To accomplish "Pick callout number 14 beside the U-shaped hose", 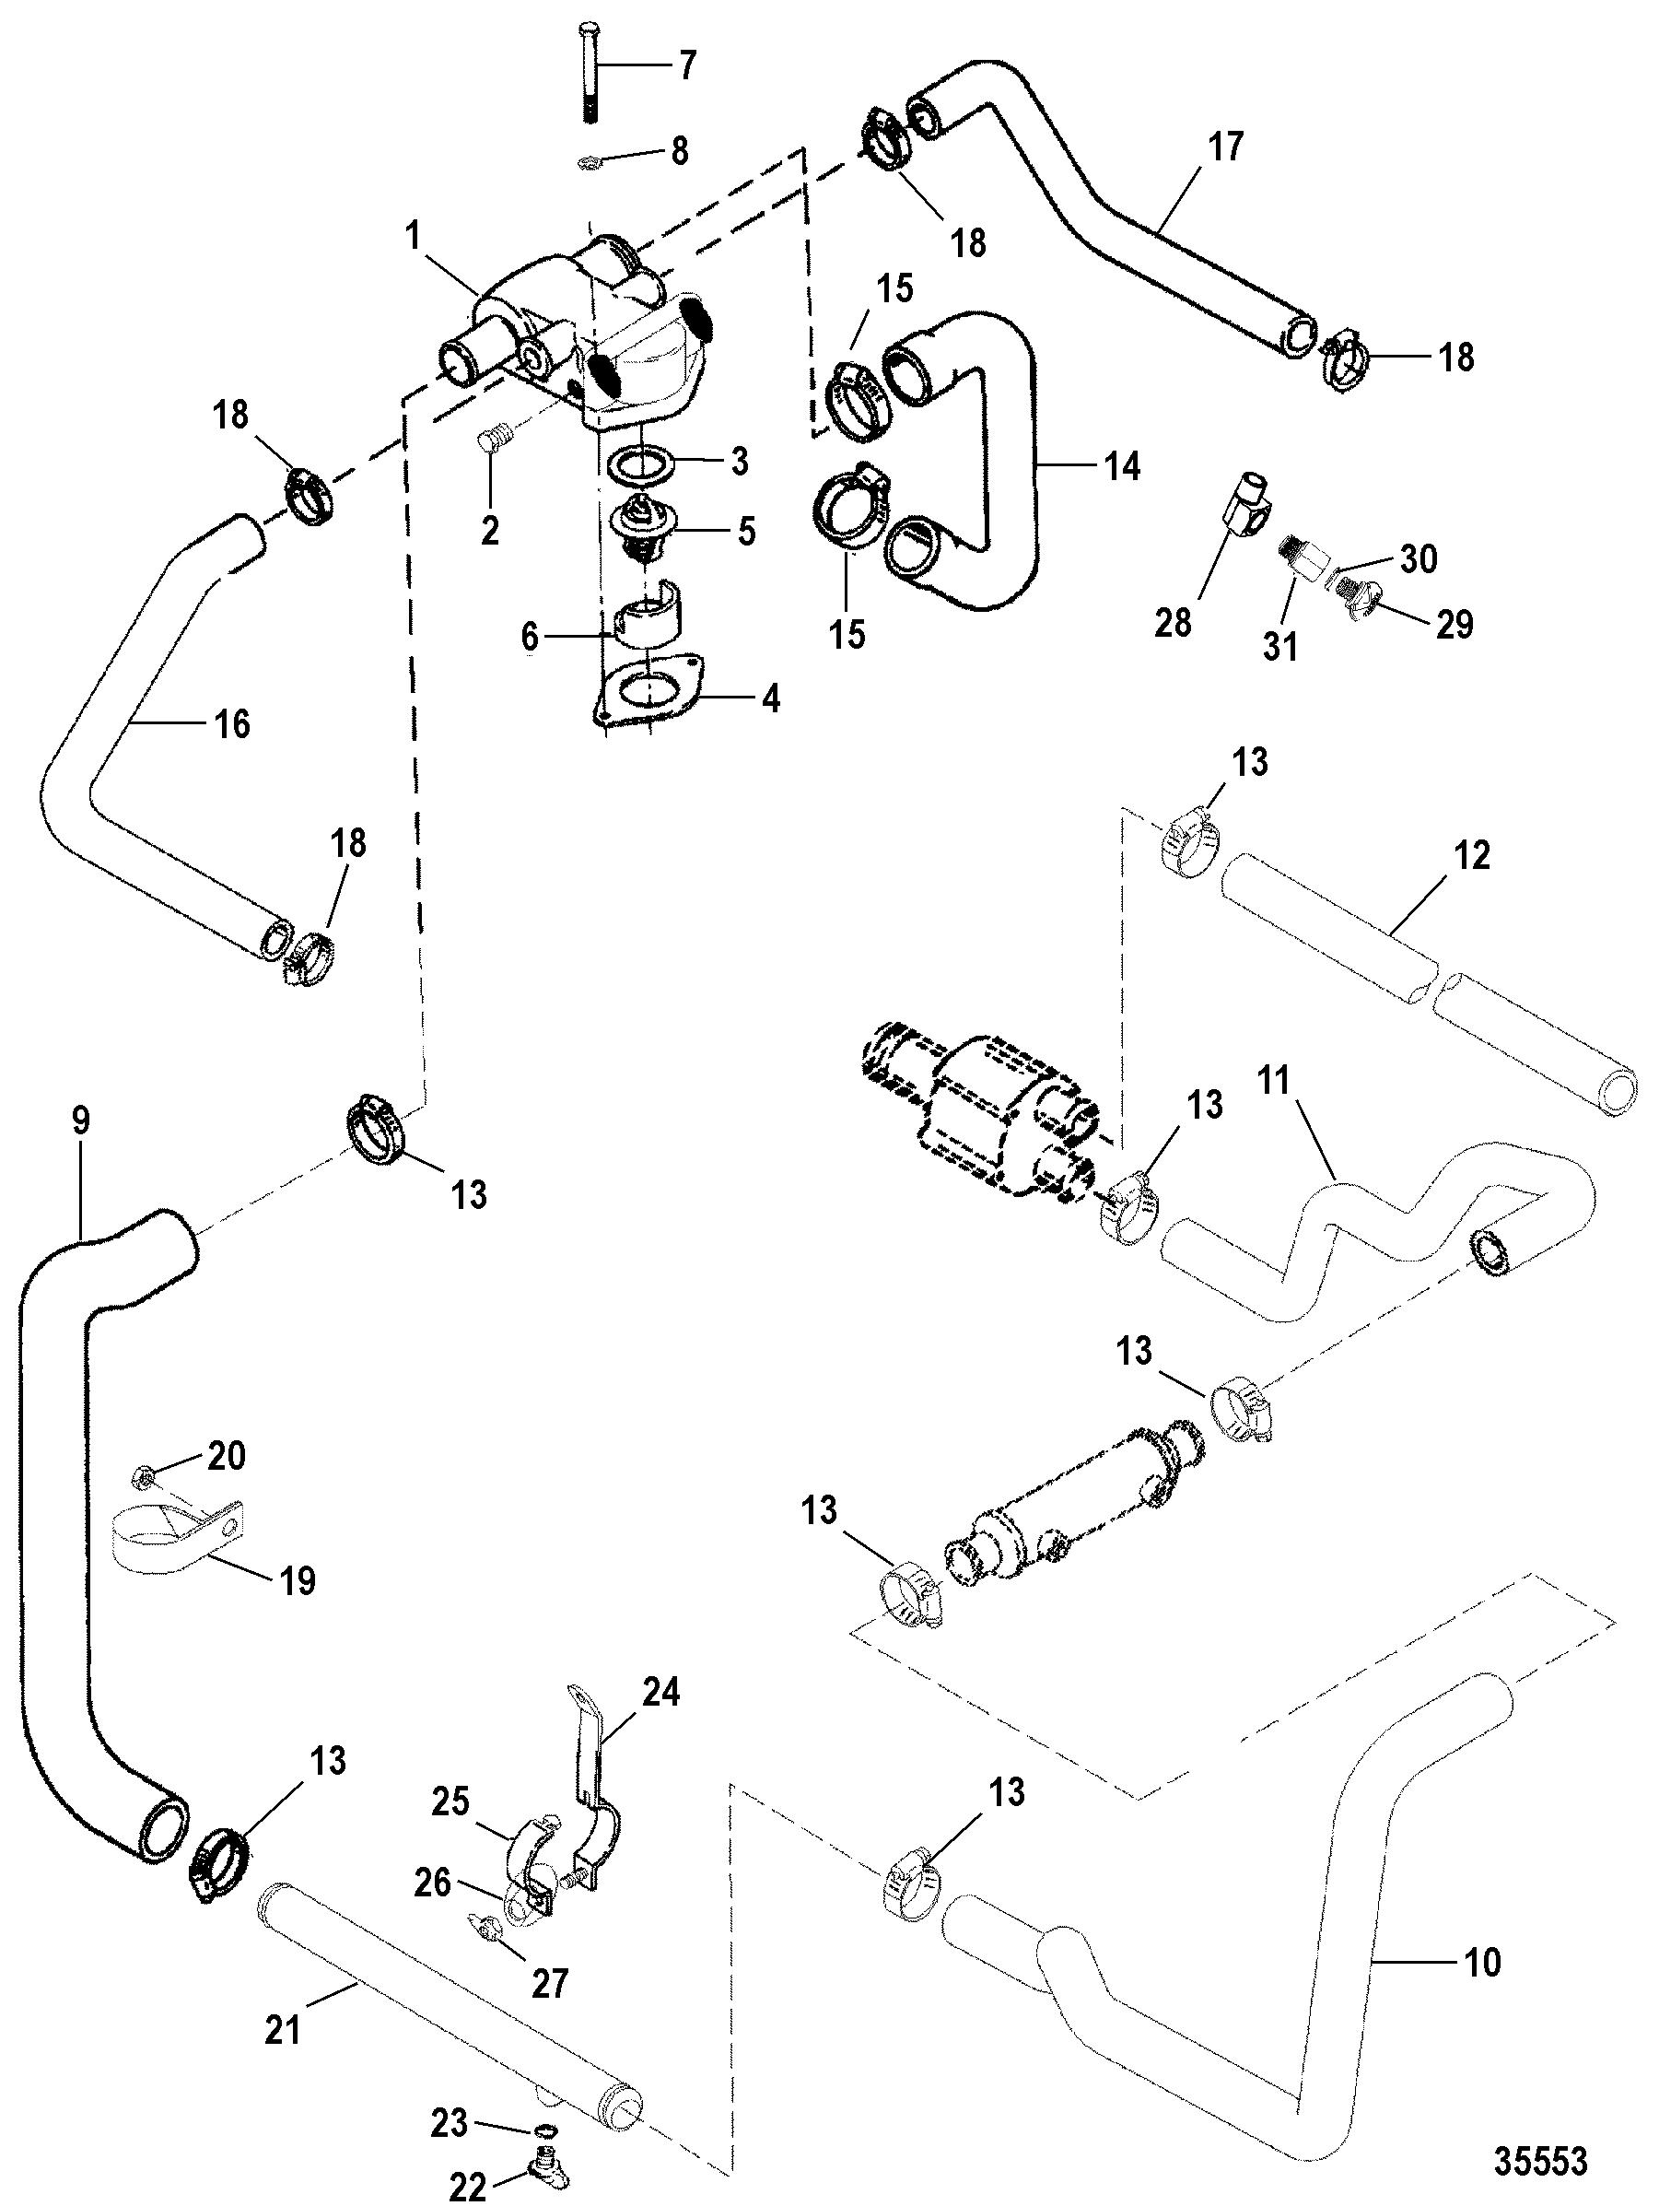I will pyautogui.click(x=1123, y=464).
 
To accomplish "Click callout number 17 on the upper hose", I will pyautogui.click(x=1226, y=147).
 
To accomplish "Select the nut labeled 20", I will pyautogui.click(x=142, y=1472).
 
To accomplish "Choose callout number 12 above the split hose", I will pyautogui.click(x=1473, y=855).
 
